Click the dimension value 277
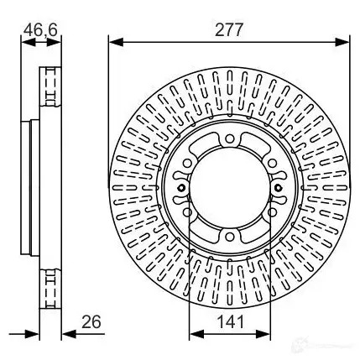pyautogui.click(x=229, y=29)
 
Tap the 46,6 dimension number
pyautogui.click(x=40, y=30)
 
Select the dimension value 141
pyautogui.click(x=231, y=321)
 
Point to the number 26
pyautogui.click(x=91, y=321)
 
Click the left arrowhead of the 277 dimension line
pyautogui.click(x=116, y=43)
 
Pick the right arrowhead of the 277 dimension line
pyautogui.click(x=342, y=43)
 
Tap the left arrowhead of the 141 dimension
pyautogui.click(x=196, y=334)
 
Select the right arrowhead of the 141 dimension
pyautogui.click(x=263, y=334)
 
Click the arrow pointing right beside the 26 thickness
pyautogui.click(x=32, y=334)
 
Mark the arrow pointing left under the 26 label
pyautogui.click(x=69, y=334)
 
